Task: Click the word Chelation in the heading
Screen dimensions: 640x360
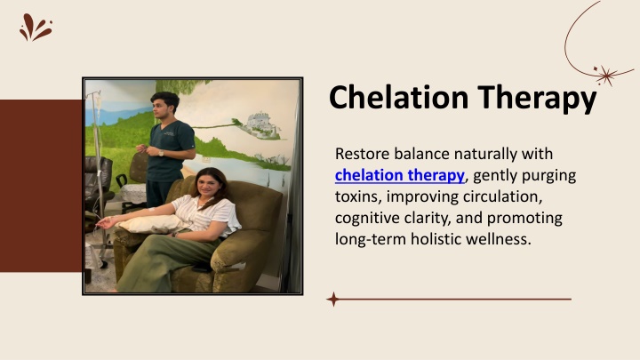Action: [x=398, y=97]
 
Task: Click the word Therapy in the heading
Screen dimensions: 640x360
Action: [x=537, y=100]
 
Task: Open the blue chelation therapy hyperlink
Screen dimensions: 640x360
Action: [x=400, y=175]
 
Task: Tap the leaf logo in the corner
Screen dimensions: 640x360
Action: [x=36, y=28]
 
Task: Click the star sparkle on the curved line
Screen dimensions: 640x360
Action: [x=606, y=75]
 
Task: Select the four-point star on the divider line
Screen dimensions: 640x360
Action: [x=333, y=300]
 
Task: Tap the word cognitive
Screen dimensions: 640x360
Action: [x=367, y=219]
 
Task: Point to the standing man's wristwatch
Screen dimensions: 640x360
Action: [x=161, y=153]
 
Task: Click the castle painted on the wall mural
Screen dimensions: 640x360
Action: [x=261, y=123]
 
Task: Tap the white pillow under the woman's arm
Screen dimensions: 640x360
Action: [x=151, y=224]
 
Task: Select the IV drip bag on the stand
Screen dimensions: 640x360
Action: [x=98, y=100]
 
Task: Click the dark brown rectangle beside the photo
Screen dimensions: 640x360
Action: [x=41, y=186]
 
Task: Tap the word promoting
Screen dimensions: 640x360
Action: [x=524, y=219]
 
